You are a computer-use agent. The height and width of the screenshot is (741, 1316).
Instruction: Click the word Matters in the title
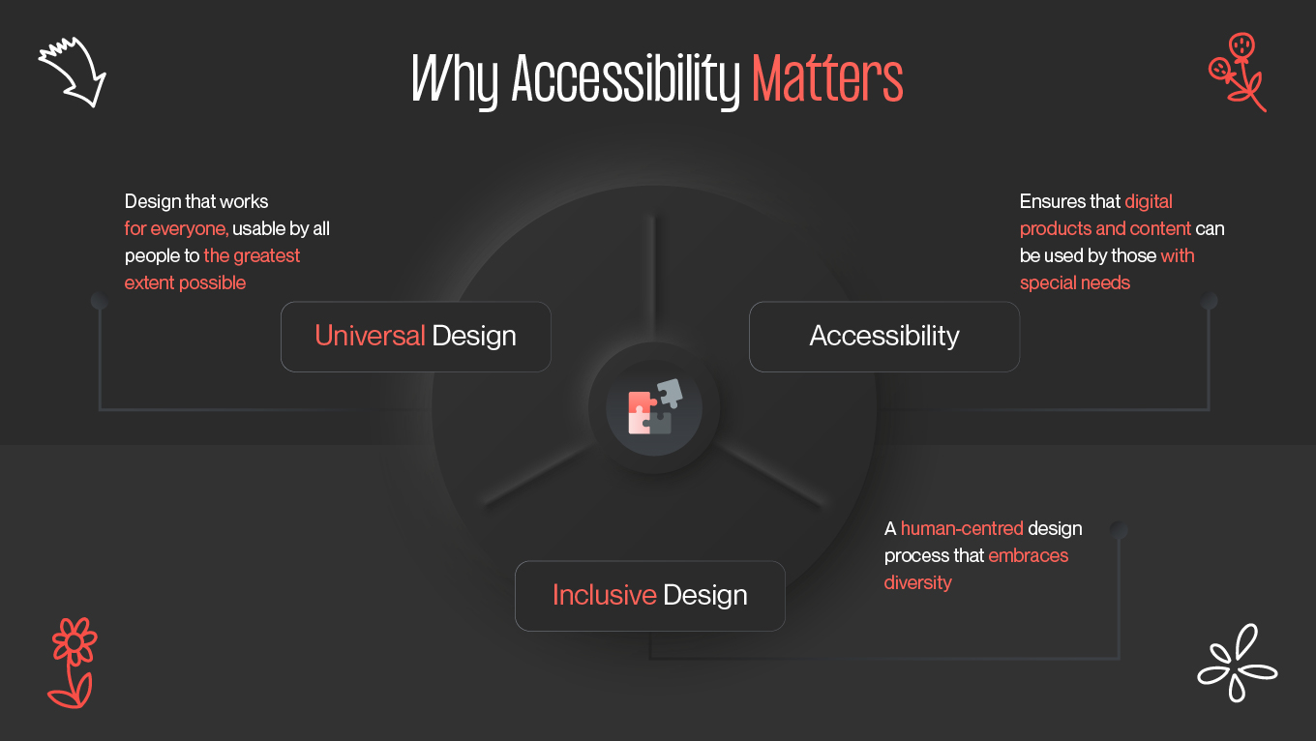tap(827, 79)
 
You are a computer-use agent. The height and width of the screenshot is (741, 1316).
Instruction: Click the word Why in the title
tap(455, 79)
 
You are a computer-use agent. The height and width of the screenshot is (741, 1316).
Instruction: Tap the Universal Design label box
tap(416, 337)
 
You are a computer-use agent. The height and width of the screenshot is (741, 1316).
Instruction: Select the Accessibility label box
tap(884, 337)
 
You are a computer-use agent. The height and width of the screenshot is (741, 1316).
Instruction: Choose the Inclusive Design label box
tap(650, 596)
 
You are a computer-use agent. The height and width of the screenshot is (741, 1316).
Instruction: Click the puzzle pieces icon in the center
tap(654, 407)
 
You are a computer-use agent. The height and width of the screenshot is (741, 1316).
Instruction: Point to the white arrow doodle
tap(74, 71)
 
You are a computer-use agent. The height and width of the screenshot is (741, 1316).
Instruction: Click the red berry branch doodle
tap(1238, 72)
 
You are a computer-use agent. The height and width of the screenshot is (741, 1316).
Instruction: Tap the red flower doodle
tap(72, 662)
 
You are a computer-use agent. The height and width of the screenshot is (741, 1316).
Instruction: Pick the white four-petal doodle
tap(1236, 664)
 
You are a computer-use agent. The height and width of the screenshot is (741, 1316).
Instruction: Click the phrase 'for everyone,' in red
tap(176, 229)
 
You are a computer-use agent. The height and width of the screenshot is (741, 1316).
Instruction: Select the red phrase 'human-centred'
tap(962, 529)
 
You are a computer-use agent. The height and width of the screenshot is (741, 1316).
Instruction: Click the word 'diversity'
tap(918, 583)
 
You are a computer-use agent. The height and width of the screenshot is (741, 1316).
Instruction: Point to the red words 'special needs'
tap(1075, 283)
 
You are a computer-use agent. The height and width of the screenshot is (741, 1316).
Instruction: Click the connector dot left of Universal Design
tap(99, 302)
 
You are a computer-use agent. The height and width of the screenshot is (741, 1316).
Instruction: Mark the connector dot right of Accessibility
tap(1209, 302)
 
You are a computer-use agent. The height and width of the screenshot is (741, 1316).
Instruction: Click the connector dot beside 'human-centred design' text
tap(1119, 530)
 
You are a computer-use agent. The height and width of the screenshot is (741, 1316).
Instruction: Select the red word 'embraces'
tap(1029, 556)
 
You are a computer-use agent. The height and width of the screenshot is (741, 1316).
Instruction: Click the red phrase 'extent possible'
tap(186, 283)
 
